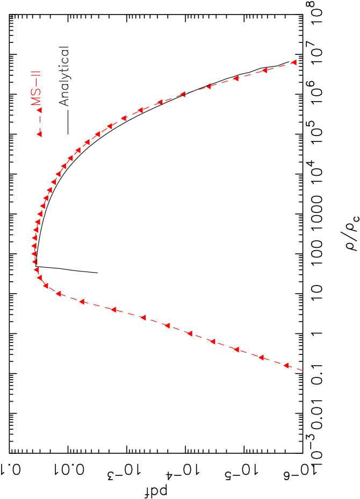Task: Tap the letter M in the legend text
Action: point(38,101)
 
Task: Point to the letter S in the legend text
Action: point(38,92)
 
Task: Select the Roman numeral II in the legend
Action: point(38,79)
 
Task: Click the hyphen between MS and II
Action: point(38,86)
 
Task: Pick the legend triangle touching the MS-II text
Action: point(39,110)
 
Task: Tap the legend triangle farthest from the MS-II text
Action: point(39,134)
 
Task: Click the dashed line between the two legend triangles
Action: point(39,122)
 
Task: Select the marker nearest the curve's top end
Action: point(293,62)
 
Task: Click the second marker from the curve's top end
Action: point(264,71)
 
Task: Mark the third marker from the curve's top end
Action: point(235,79)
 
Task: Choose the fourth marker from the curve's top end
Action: point(208,86)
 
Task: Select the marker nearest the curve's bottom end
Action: point(286,365)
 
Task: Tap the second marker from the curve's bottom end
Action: point(261,357)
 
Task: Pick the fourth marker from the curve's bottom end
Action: point(212,341)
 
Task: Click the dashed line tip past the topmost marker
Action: point(303,60)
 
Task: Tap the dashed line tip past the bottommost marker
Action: point(303,370)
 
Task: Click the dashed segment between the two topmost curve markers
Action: point(279,67)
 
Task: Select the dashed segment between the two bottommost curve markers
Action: point(274,361)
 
